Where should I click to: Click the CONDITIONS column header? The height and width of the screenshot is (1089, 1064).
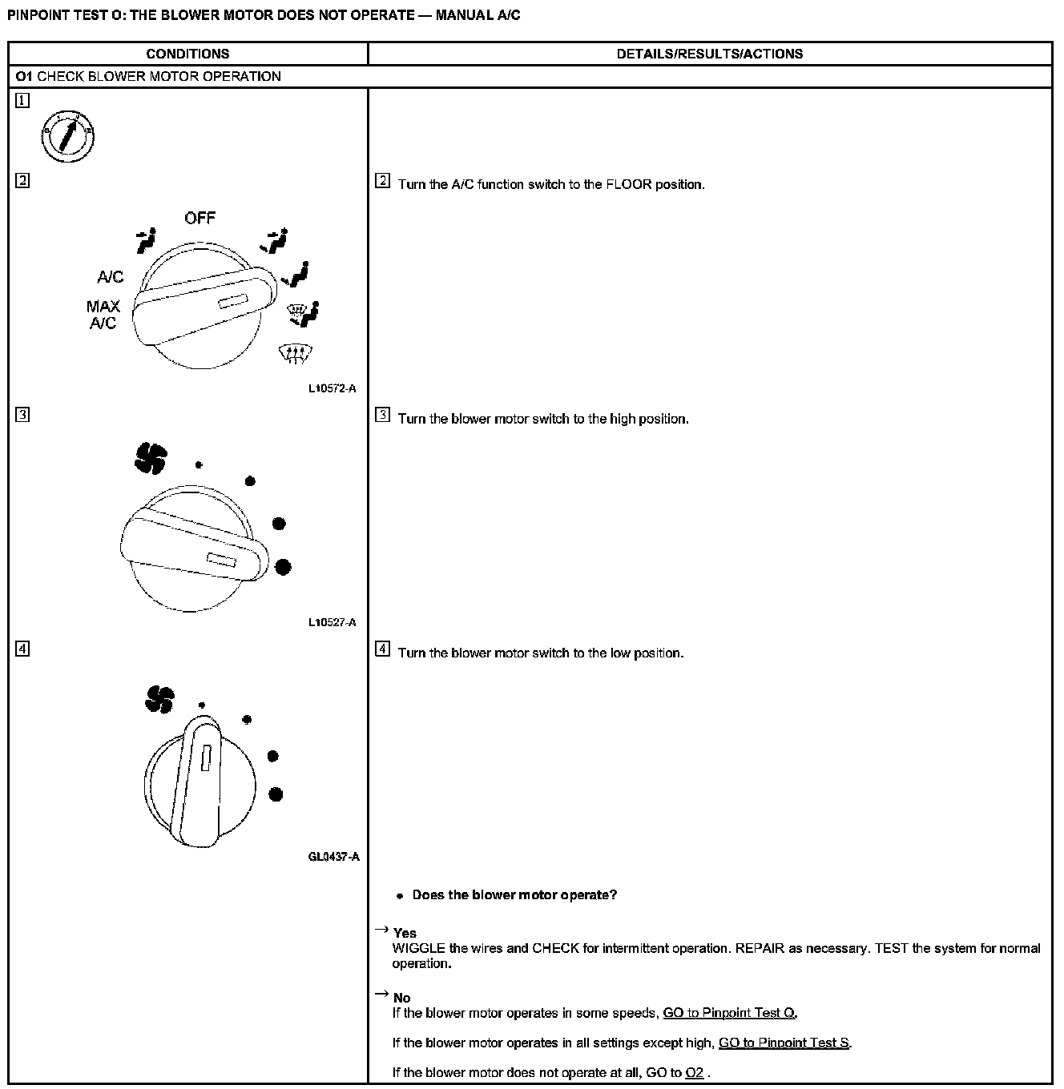tap(187, 54)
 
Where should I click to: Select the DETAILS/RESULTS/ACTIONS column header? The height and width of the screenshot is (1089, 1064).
tap(709, 54)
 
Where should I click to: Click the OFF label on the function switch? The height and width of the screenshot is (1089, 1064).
tap(199, 218)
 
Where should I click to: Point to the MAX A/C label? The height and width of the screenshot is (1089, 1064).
tap(103, 315)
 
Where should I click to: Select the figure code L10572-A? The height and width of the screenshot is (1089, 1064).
tap(332, 388)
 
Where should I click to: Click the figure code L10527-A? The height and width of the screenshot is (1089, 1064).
tap(332, 622)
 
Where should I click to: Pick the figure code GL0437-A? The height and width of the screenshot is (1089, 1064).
tap(333, 857)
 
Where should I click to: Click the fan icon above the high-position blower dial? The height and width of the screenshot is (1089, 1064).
tap(151, 458)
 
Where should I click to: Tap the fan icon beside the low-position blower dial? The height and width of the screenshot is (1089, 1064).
tap(159, 699)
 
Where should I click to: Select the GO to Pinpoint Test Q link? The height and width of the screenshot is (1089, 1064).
tap(729, 1013)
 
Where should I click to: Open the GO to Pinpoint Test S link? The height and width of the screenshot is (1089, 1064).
tap(784, 1043)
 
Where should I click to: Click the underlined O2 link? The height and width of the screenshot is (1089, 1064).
tap(695, 1072)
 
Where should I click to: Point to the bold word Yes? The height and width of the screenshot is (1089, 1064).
tap(405, 933)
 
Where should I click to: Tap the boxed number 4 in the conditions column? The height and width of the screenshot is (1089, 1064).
tap(22, 649)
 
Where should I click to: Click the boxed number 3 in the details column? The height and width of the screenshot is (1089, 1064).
tap(382, 415)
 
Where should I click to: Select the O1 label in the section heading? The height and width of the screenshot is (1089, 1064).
tap(23, 77)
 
